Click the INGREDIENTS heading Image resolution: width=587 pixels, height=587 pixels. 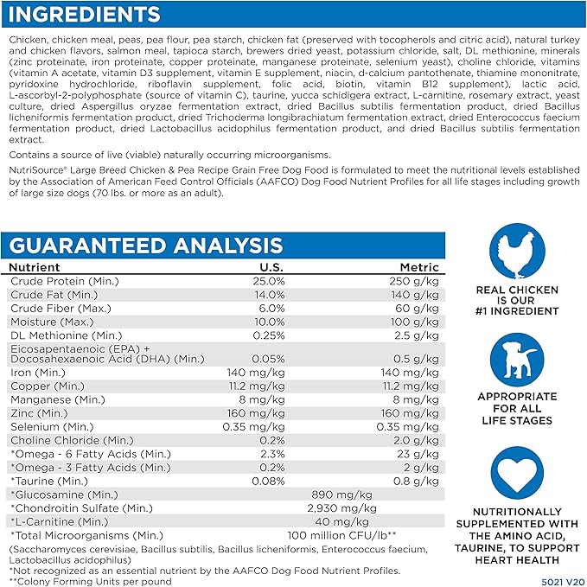pyautogui.click(x=83, y=15)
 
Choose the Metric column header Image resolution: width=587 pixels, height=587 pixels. pyautogui.click(x=418, y=268)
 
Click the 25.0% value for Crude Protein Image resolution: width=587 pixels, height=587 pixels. pyautogui.click(x=268, y=282)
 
